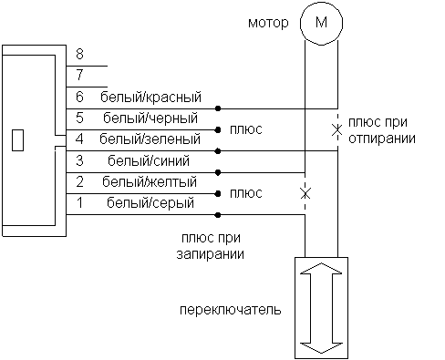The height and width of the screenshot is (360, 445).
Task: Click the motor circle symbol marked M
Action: click(319, 21)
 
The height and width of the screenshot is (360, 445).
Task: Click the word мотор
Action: click(269, 21)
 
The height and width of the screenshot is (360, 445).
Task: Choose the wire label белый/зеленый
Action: click(151, 139)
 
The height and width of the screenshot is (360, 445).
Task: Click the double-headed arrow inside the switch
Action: click(320, 307)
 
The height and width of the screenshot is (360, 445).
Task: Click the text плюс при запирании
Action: click(212, 247)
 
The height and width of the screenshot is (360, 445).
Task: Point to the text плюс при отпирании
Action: click(378, 131)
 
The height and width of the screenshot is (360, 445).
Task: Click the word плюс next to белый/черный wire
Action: click(246, 129)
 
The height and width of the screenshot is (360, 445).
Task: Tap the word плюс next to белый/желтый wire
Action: click(246, 193)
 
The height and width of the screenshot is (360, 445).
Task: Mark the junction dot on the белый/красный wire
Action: click(218, 108)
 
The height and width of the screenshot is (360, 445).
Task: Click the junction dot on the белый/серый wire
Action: click(218, 215)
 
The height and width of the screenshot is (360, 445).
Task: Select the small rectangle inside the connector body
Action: click(17, 140)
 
